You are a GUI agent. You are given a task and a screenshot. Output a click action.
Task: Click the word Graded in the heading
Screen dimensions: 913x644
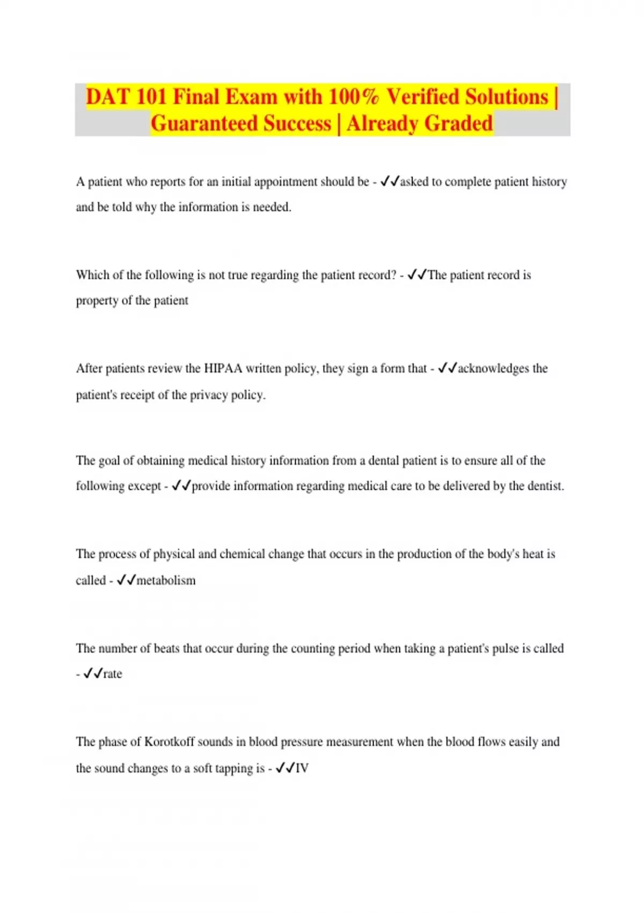pyautogui.click(x=460, y=124)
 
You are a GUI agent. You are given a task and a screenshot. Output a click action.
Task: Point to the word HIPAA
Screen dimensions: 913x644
pyautogui.click(x=223, y=368)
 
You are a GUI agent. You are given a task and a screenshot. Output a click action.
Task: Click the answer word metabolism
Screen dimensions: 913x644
pyautogui.click(x=166, y=581)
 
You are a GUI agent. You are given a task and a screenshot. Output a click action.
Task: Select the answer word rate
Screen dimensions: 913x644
pyautogui.click(x=113, y=674)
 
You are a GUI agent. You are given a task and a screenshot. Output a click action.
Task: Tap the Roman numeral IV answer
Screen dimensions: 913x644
pyautogui.click(x=302, y=769)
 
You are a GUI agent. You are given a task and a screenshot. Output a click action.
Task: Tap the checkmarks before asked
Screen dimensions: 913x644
pyautogui.click(x=390, y=182)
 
